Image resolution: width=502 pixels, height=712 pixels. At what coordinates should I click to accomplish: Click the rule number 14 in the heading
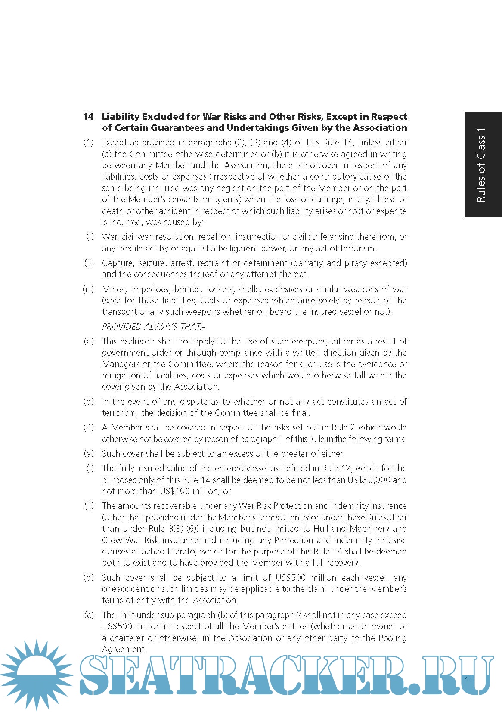[x=88, y=117]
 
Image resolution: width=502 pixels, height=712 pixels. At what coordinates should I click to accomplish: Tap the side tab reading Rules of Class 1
[x=482, y=165]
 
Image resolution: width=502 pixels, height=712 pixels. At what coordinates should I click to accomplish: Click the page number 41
[x=469, y=679]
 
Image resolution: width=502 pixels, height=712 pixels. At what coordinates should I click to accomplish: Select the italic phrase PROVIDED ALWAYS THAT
[x=153, y=327]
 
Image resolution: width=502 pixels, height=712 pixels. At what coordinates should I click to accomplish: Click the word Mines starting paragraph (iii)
[x=114, y=289]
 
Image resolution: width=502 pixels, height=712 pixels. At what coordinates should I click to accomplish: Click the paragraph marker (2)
[x=88, y=427]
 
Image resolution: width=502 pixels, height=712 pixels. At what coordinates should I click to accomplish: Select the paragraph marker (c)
[x=89, y=615]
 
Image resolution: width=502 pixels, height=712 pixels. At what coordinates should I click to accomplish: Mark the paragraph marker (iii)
[x=88, y=289]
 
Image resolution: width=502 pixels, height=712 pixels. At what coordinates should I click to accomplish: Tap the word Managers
[x=121, y=364]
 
